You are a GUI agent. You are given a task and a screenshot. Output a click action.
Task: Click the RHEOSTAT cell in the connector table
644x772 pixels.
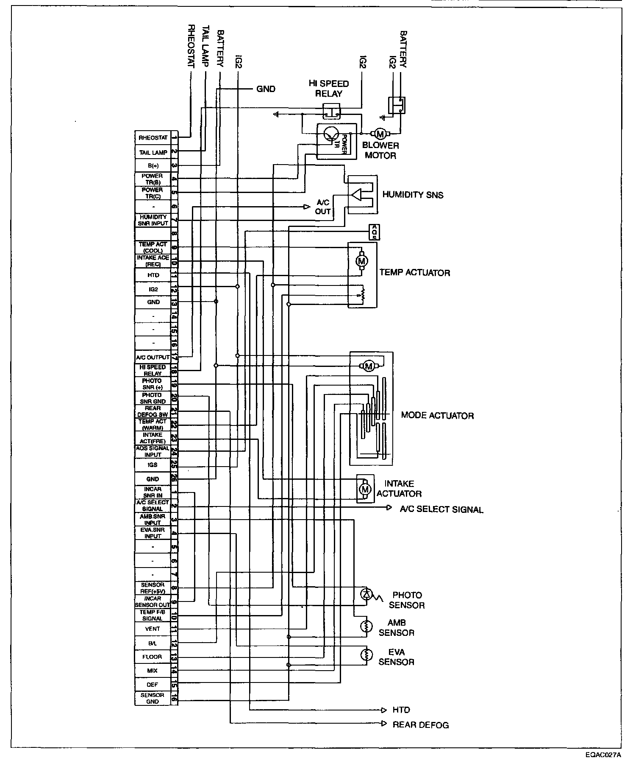tap(153, 138)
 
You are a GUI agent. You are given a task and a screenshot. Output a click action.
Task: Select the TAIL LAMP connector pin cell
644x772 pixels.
tap(153, 152)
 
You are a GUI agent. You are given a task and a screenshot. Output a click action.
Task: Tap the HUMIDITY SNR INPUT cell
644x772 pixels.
tap(153, 220)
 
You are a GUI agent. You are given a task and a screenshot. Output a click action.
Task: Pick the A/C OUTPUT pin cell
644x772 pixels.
tap(153, 357)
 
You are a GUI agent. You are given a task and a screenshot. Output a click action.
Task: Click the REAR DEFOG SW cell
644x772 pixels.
tap(153, 411)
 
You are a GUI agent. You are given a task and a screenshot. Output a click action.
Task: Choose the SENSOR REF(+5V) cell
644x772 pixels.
tap(153, 587)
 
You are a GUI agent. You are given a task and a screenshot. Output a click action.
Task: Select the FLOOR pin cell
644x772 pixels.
tap(153, 657)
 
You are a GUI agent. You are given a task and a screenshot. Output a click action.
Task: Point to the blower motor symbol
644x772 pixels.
tap(380, 134)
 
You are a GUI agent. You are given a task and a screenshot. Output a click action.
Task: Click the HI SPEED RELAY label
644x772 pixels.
tap(329, 89)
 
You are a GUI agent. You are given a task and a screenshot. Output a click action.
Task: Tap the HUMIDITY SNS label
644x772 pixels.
tap(413, 195)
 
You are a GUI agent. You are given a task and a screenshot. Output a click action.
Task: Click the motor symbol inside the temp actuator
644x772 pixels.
tap(361, 261)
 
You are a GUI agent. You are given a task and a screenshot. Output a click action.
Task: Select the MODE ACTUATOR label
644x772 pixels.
tap(437, 415)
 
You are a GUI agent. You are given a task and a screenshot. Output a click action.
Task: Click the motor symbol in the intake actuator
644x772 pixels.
tap(364, 489)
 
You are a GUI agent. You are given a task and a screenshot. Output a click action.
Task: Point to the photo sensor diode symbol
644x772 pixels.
tap(366, 594)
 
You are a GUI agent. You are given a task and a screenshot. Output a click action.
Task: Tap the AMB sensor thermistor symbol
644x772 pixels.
tap(366, 626)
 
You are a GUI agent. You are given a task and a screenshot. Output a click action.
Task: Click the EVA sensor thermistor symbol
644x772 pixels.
tap(366, 655)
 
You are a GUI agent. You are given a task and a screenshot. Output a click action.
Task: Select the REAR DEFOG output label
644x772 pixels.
tap(420, 724)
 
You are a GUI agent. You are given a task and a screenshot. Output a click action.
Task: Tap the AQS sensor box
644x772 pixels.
tap(374, 232)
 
